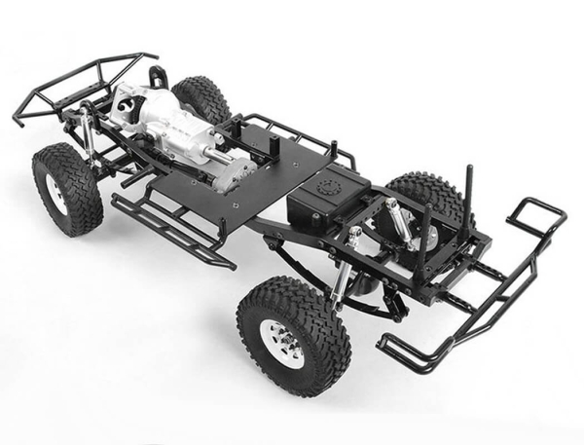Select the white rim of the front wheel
click(55, 192)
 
